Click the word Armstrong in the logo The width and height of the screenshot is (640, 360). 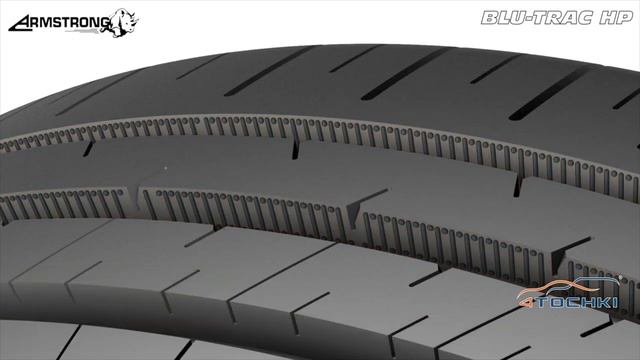pyautogui.click(x=60, y=23)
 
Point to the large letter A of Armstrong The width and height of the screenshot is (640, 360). pyautogui.click(x=19, y=24)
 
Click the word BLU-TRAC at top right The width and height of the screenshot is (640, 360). pyautogui.click(x=537, y=18)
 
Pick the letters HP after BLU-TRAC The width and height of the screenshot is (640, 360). pyautogui.click(x=616, y=18)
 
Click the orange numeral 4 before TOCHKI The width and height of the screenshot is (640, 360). pyautogui.click(x=524, y=302)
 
